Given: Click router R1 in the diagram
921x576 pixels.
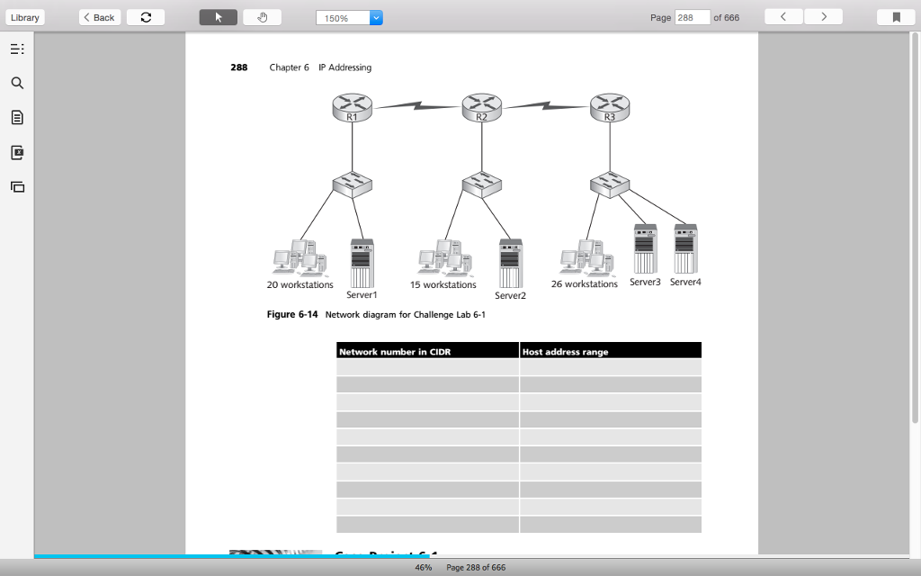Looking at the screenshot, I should coord(352,108).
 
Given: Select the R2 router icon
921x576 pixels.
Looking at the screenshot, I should coord(481,108).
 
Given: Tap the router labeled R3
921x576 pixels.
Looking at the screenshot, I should coord(610,108).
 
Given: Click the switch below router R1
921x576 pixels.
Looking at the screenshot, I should coord(352,184).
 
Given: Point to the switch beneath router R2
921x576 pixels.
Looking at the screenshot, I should coord(481,184).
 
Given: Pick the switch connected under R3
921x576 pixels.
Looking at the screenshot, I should coord(610,184).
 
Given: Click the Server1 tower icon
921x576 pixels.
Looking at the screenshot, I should coord(362,263).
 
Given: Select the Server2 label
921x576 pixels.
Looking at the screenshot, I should coord(510,295).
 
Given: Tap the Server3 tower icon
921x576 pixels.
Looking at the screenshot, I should coord(645,248).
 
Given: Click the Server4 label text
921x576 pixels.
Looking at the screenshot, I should coord(684,282).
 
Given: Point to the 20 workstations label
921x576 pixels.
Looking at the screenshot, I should coord(300,285).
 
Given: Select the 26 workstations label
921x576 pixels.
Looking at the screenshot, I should coord(584,284).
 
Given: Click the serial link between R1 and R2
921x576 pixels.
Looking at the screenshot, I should coord(416,106).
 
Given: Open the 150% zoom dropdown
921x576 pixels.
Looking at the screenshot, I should coord(376,17).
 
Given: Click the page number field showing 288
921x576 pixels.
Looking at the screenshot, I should coord(692,17).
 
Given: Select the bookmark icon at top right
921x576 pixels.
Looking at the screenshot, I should coord(895,17).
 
